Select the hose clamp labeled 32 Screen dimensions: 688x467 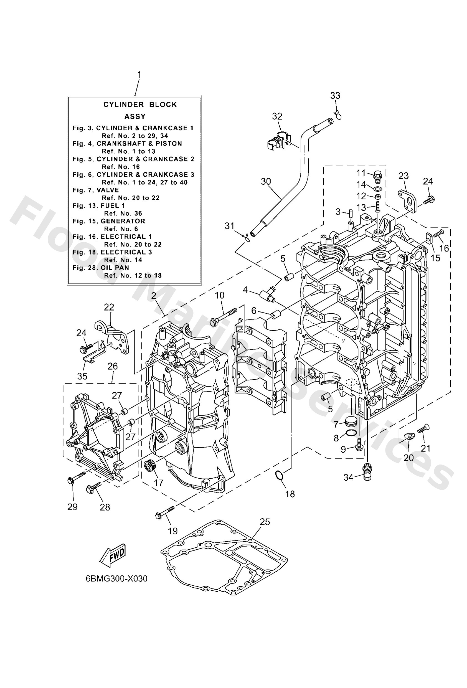coord(279,139)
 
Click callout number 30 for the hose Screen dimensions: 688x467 coord(266,181)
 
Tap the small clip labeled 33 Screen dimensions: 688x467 coord(338,115)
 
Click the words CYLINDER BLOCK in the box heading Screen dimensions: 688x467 coord(140,105)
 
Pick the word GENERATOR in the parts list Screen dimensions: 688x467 coord(123,221)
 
